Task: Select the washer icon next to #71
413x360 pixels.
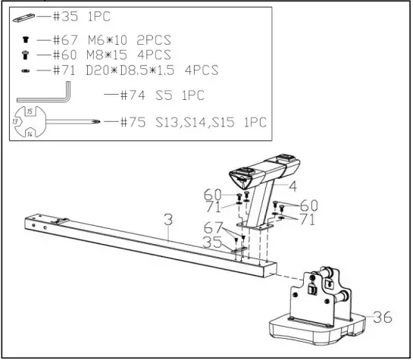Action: click(26, 70)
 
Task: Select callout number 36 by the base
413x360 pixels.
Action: click(383, 318)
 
